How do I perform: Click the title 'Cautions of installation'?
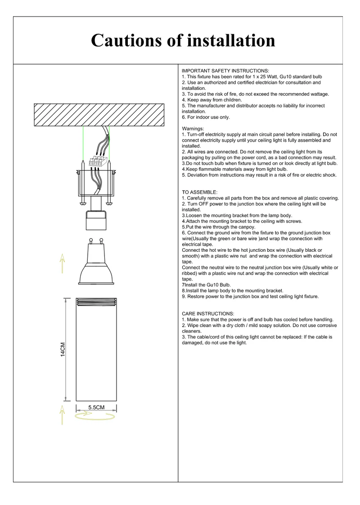183,40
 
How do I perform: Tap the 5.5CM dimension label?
96,407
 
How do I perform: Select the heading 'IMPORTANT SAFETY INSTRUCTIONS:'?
225,71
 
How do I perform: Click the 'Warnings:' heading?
193,129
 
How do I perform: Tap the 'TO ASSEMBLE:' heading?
199,192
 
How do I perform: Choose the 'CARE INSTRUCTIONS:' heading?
207,313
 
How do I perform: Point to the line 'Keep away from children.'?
211,100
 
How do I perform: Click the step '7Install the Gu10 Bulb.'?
206,285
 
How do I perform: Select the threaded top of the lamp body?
96,302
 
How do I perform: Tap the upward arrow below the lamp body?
62,414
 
